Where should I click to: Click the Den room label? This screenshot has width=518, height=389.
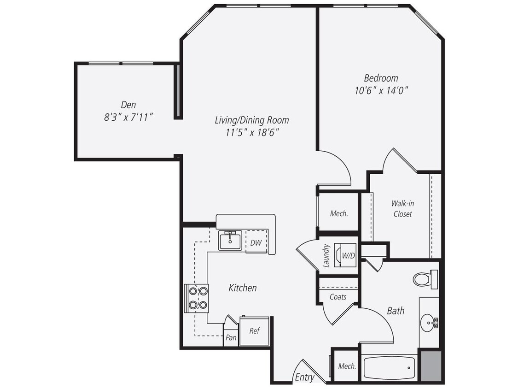click(128, 105)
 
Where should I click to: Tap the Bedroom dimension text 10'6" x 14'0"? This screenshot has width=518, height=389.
click(382, 90)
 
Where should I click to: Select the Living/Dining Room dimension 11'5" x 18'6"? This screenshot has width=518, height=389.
click(252, 133)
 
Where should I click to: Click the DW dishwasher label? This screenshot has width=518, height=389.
click(256, 242)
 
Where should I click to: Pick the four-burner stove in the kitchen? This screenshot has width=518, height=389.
click(197, 298)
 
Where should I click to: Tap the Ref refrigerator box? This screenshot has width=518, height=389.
click(254, 330)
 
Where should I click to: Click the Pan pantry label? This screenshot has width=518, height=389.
click(231, 337)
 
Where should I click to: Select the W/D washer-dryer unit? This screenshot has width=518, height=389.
click(347, 256)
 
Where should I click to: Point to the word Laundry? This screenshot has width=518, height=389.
click(326, 256)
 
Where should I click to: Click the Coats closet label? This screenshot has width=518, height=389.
click(338, 297)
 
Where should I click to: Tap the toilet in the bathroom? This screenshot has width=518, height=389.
click(425, 279)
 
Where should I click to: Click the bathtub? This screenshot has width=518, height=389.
click(389, 367)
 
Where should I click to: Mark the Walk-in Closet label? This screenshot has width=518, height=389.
click(402, 208)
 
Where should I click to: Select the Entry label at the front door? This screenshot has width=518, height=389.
click(304, 377)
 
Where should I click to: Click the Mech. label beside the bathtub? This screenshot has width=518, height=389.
click(347, 366)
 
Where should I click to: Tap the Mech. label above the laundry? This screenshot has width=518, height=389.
click(339, 213)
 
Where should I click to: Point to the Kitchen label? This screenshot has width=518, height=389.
click(243, 288)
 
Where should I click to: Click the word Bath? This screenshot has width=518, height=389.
click(396, 311)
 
